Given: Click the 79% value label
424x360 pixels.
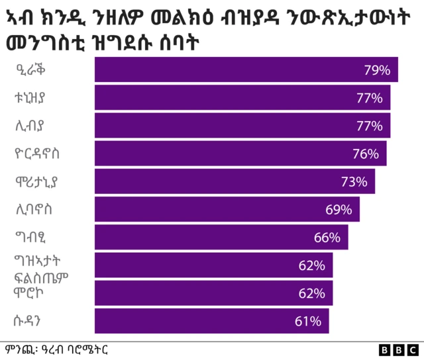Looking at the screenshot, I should pyautogui.click(x=376, y=70).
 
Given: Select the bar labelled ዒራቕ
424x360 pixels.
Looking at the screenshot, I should pyautogui.click(x=246, y=70).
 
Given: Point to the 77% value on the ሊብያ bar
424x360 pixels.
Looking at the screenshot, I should pyautogui.click(x=369, y=126).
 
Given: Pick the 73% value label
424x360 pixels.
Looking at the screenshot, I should pyautogui.click(x=354, y=181).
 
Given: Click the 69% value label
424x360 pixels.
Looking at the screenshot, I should pyautogui.click(x=339, y=210).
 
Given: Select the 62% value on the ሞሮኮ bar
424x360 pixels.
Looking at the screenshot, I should pyautogui.click(x=311, y=293).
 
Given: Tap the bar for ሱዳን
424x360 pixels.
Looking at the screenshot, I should pyautogui.click(x=211, y=321).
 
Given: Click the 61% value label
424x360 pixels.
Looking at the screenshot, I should pyautogui.click(x=308, y=322).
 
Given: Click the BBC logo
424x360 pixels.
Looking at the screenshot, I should pyautogui.click(x=398, y=350).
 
